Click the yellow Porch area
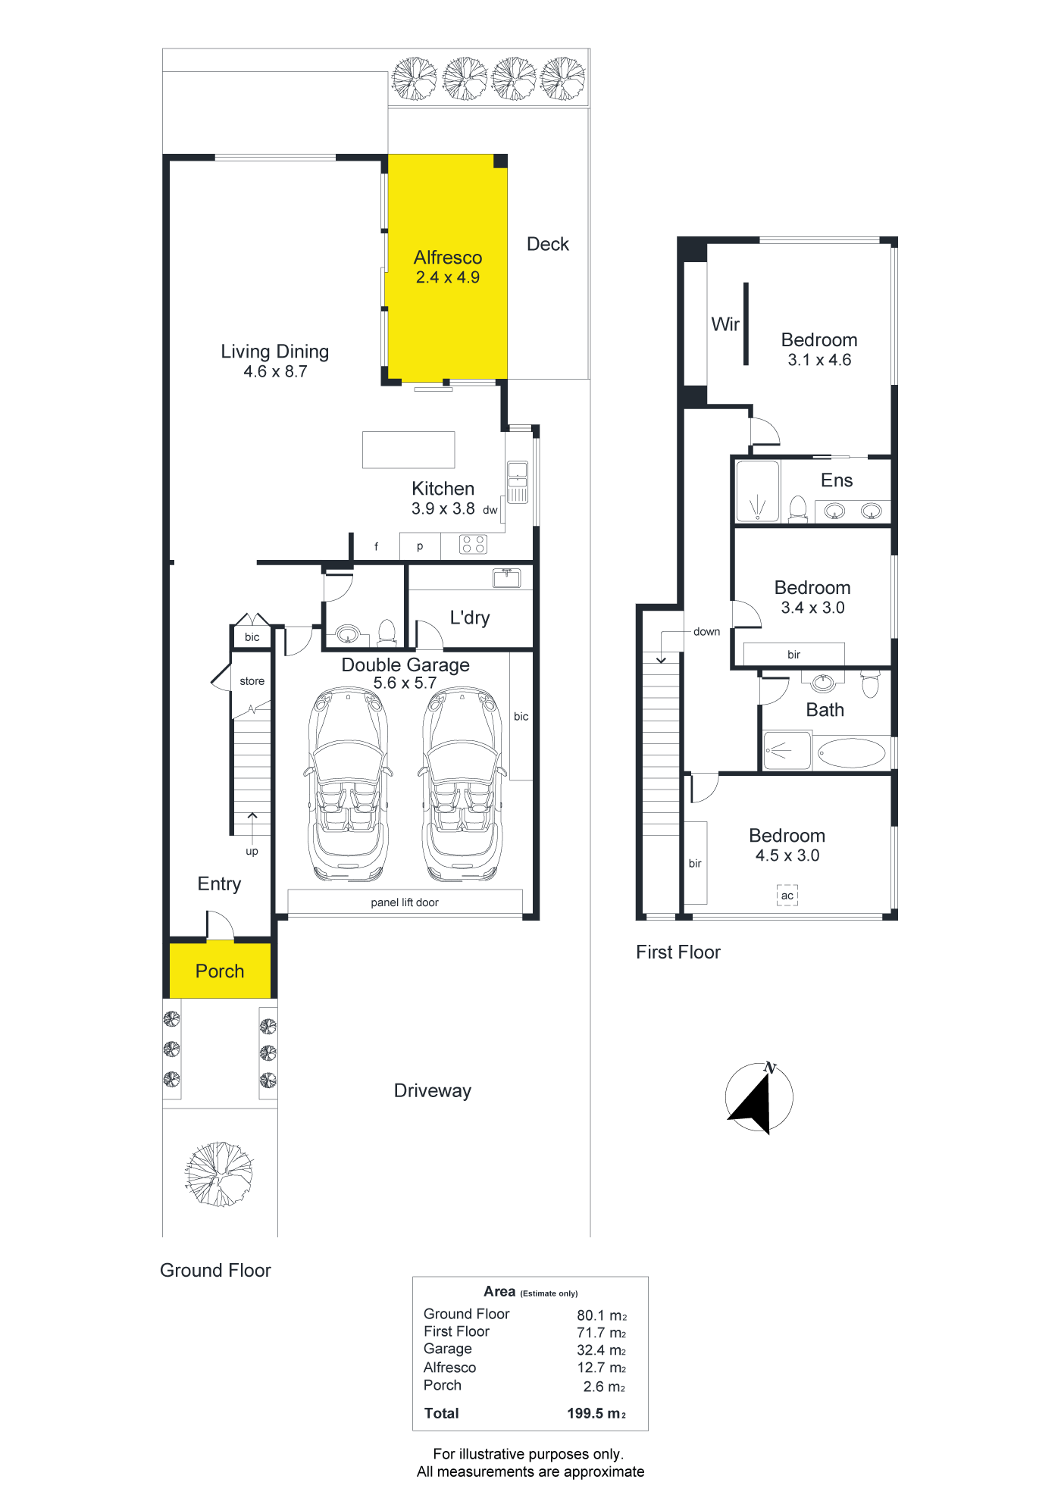click(x=220, y=971)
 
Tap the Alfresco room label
click(x=448, y=258)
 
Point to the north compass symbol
click(x=759, y=1098)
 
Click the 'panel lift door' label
click(x=405, y=902)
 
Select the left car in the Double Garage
click(x=349, y=784)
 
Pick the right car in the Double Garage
click(x=462, y=784)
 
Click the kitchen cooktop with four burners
click(x=474, y=544)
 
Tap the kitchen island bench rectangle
click(x=408, y=450)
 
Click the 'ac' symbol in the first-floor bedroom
click(x=787, y=896)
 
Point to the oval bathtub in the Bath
click(x=852, y=753)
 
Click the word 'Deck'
click(x=548, y=244)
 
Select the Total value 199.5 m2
click(x=596, y=1413)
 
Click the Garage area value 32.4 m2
click(x=602, y=1350)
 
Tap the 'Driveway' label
click(x=433, y=1091)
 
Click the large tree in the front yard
click(x=220, y=1174)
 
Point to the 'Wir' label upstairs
click(x=725, y=324)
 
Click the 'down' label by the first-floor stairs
click(x=706, y=632)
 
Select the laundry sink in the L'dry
click(x=506, y=578)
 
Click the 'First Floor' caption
click(x=678, y=952)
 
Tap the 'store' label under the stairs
click(x=252, y=681)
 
